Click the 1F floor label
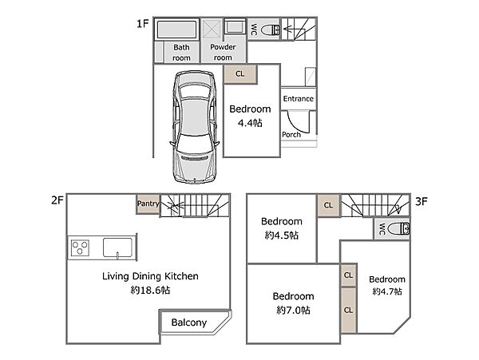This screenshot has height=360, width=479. [x=142, y=23]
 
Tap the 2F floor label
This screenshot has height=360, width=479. [x=57, y=200]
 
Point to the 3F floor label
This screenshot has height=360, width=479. [x=422, y=201]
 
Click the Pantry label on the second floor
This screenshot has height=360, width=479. [x=148, y=204]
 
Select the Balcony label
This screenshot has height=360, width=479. [x=189, y=322]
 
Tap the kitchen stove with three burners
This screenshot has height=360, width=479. [x=81, y=247]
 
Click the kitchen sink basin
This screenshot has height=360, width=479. [x=117, y=247]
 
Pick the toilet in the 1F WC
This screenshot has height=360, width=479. [x=271, y=30]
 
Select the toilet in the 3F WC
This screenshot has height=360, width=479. [x=398, y=229]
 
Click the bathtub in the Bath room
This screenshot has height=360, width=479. [x=176, y=29]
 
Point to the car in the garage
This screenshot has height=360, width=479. [x=194, y=127]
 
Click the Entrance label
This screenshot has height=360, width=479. [x=298, y=99]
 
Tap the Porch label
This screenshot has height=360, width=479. [x=291, y=134]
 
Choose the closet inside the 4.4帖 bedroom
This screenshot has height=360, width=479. [x=240, y=74]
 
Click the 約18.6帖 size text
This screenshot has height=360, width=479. [x=150, y=290]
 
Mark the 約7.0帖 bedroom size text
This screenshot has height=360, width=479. [x=293, y=311]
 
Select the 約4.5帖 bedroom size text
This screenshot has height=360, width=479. [x=282, y=235]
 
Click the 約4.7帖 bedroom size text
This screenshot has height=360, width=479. [x=387, y=291]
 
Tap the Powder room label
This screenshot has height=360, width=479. [x=223, y=52]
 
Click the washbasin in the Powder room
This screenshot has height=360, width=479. [x=235, y=27]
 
